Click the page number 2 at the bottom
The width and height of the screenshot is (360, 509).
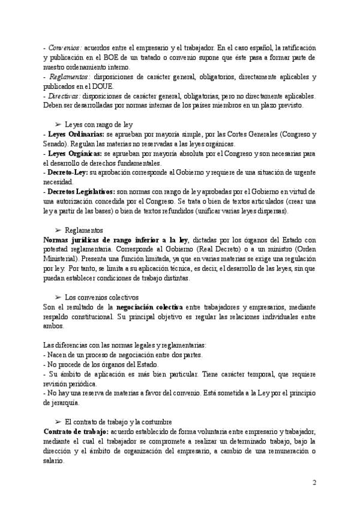(x=314, y=483)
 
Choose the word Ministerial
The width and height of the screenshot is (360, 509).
(x=63, y=259)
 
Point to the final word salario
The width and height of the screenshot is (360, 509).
(x=55, y=460)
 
